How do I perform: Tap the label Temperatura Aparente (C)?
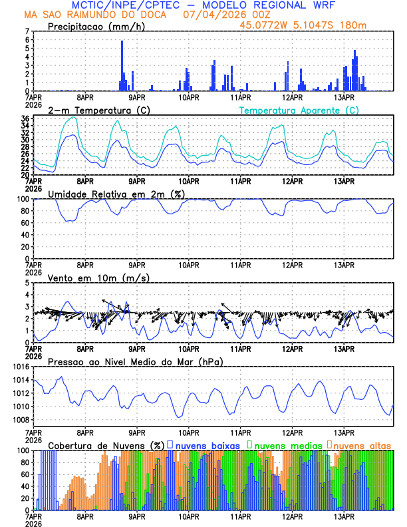[x=299, y=110]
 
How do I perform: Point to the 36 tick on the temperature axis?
[x=25, y=118]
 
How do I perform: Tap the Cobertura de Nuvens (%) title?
[x=106, y=444]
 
